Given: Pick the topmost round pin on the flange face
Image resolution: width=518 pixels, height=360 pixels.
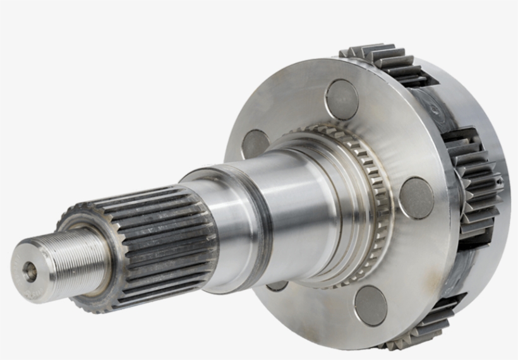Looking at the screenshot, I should (342, 99).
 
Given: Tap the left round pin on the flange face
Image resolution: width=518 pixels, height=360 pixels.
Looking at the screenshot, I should (255, 144).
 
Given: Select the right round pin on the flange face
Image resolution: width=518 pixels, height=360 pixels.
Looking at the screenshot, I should (416, 198).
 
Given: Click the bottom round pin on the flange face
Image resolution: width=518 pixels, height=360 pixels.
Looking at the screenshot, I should (370, 306).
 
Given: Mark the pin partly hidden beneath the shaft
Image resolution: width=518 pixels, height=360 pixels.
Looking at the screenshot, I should (277, 286).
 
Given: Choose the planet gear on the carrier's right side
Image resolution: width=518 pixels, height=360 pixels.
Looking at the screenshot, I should (477, 183).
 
